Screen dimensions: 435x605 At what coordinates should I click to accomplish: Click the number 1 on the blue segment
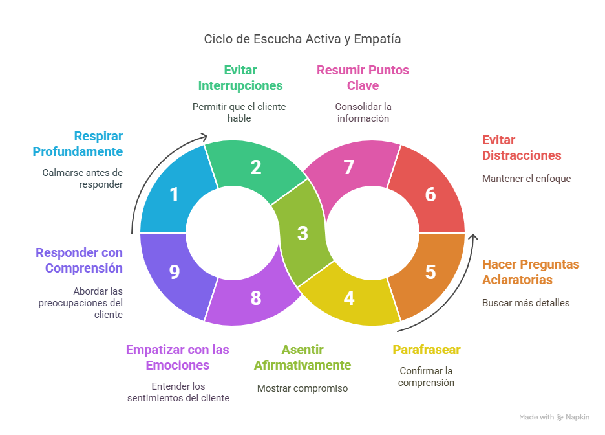tap(174, 194)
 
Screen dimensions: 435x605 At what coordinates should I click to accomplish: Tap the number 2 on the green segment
tap(256, 168)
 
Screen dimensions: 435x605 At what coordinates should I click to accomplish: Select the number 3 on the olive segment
tap(302, 233)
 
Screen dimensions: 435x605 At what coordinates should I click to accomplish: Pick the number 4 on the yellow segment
tap(349, 298)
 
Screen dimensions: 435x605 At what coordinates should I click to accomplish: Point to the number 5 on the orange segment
tap(430, 272)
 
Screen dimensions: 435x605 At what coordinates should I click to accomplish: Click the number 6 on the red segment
tap(430, 194)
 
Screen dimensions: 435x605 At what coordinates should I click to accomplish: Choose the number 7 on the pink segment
tap(349, 168)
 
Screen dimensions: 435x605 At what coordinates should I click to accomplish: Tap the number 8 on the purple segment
tap(256, 298)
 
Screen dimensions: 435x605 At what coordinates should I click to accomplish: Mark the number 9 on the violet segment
tap(174, 272)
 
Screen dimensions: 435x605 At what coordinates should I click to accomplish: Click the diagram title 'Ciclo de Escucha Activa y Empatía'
tap(302, 39)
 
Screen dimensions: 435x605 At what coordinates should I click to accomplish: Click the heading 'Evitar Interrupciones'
tap(240, 78)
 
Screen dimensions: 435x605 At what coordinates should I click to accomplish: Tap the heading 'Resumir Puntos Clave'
tap(363, 78)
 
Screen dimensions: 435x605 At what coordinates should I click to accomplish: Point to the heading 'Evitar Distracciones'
tap(522, 148)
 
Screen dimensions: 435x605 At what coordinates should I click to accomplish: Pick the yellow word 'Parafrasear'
tap(426, 350)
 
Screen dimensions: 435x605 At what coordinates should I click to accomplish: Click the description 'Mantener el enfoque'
tap(526, 178)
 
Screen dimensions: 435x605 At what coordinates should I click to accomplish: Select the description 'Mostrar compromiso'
tap(302, 388)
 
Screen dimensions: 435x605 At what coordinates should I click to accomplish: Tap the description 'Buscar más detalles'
tap(526, 302)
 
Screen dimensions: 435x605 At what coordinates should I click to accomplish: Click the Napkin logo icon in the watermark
tap(560, 418)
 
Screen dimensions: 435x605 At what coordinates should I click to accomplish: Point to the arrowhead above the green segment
tap(204, 136)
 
